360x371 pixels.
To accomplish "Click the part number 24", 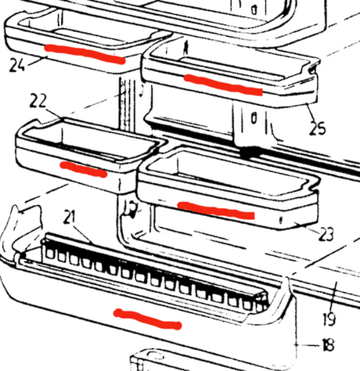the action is pyautogui.click(x=17, y=65).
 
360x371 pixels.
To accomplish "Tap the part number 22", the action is pyautogui.click(x=38, y=101).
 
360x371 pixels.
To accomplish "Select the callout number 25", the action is pyautogui.click(x=318, y=128).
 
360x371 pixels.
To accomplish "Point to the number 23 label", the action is pyautogui.click(x=326, y=234).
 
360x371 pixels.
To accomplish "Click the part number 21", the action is pyautogui.click(x=69, y=217).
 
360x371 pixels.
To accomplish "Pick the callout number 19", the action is pyautogui.click(x=329, y=319).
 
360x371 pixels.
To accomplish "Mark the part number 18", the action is pyautogui.click(x=329, y=344).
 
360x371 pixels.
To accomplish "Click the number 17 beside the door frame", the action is pyautogui.click(x=131, y=207).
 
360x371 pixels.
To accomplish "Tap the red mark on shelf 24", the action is pyautogui.click(x=85, y=54).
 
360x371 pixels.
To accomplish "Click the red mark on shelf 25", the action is pyautogui.click(x=223, y=85).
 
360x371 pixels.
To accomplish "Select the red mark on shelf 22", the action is pyautogui.click(x=84, y=170).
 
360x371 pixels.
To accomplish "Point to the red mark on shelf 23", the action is pyautogui.click(x=216, y=210).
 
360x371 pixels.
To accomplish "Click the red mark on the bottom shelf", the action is pyautogui.click(x=147, y=319).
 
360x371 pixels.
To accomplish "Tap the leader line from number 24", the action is pyautogui.click(x=37, y=60).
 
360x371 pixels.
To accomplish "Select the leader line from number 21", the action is pyautogui.click(x=83, y=234).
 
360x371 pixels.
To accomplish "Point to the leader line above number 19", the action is pyautogui.click(x=334, y=297).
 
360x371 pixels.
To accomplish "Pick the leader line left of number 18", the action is pyautogui.click(x=308, y=345).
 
